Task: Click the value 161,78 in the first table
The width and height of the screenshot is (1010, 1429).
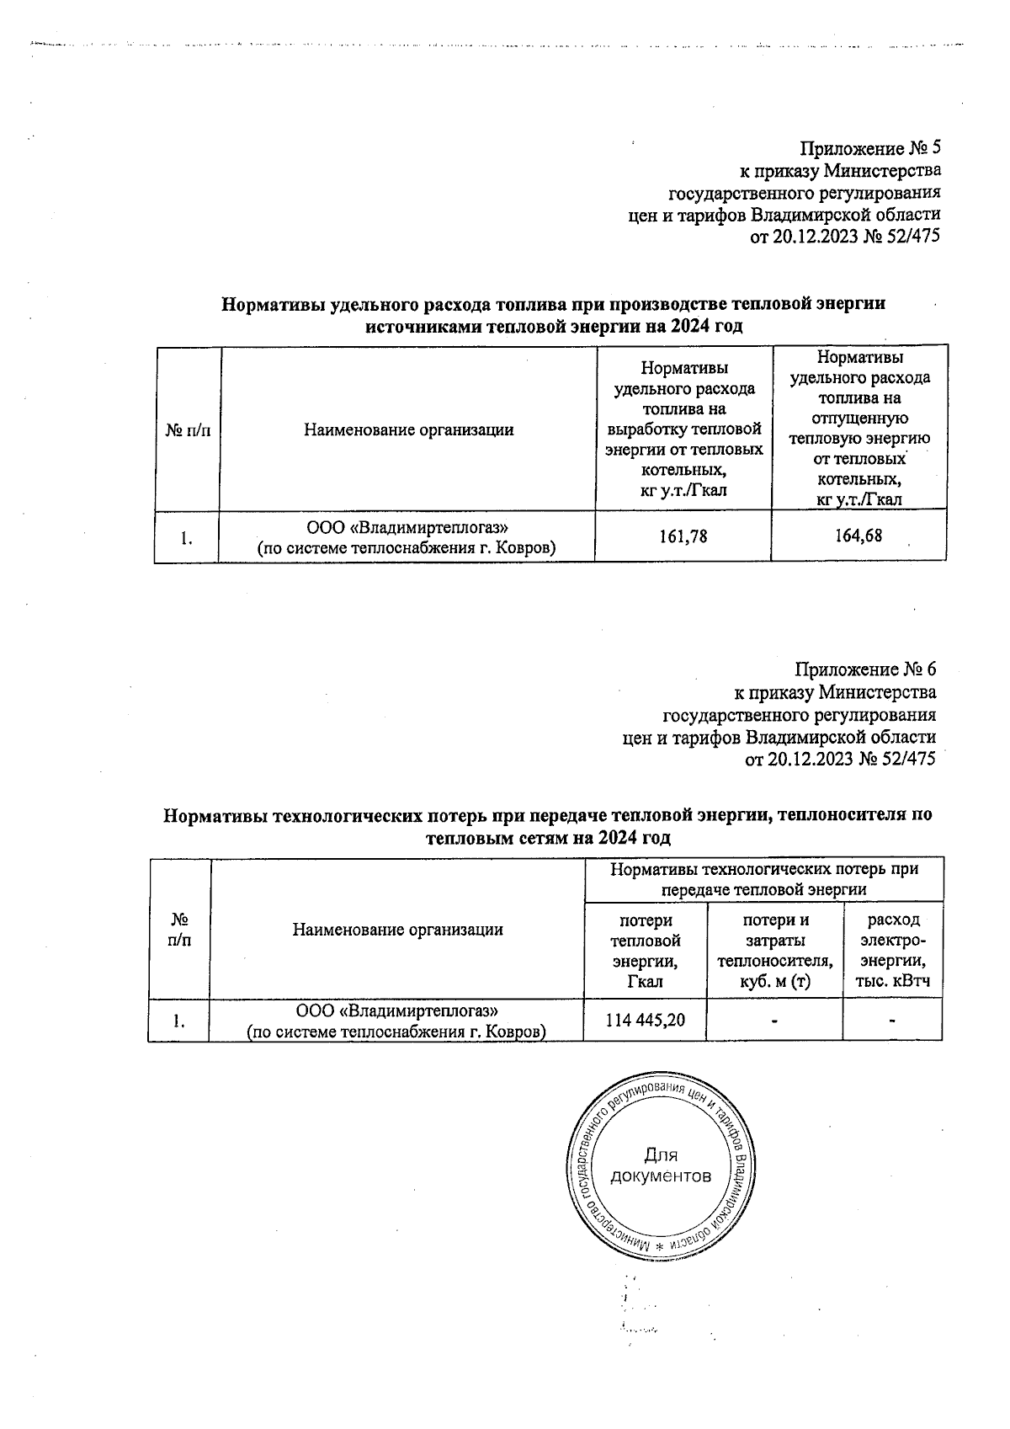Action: coord(684,535)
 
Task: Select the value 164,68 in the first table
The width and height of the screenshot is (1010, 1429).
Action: coord(859,535)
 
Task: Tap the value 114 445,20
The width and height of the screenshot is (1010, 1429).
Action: coord(646,1020)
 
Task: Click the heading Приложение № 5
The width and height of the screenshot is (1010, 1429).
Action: coord(869,149)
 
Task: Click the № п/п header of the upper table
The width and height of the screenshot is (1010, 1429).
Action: coord(188,430)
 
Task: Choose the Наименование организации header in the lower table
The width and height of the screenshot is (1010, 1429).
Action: coord(397,930)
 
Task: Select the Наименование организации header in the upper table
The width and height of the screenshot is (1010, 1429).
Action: coord(409,430)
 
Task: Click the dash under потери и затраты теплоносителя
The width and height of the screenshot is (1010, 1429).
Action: coord(774,1020)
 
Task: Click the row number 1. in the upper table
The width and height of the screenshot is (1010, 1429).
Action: coord(188,537)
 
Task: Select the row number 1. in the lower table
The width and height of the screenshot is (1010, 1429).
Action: coord(179,1021)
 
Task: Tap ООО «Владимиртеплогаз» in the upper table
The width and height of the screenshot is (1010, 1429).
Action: coord(407,527)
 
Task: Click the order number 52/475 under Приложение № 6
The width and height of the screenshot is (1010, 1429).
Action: coord(907,759)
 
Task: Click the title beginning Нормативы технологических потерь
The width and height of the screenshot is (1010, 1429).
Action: coord(547,815)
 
